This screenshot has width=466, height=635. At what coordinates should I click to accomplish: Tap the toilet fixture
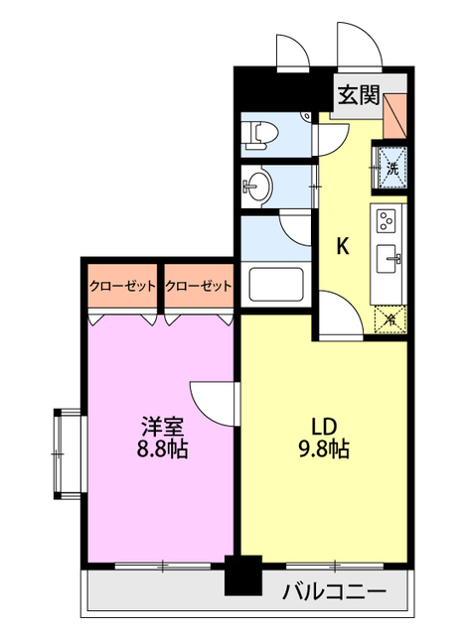click(x=261, y=132)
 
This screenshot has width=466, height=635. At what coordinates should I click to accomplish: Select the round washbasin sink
click(x=260, y=185)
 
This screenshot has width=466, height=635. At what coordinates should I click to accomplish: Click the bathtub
click(x=278, y=284)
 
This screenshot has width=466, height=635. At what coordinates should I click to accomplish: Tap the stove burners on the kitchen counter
click(x=388, y=220)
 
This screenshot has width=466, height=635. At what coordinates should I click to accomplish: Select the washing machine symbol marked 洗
click(x=390, y=167)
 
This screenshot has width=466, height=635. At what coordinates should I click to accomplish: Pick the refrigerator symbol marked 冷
click(x=390, y=319)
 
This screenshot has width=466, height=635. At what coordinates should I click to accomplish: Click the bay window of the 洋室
click(x=66, y=451)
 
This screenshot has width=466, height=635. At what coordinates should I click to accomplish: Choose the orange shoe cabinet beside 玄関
click(x=395, y=112)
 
